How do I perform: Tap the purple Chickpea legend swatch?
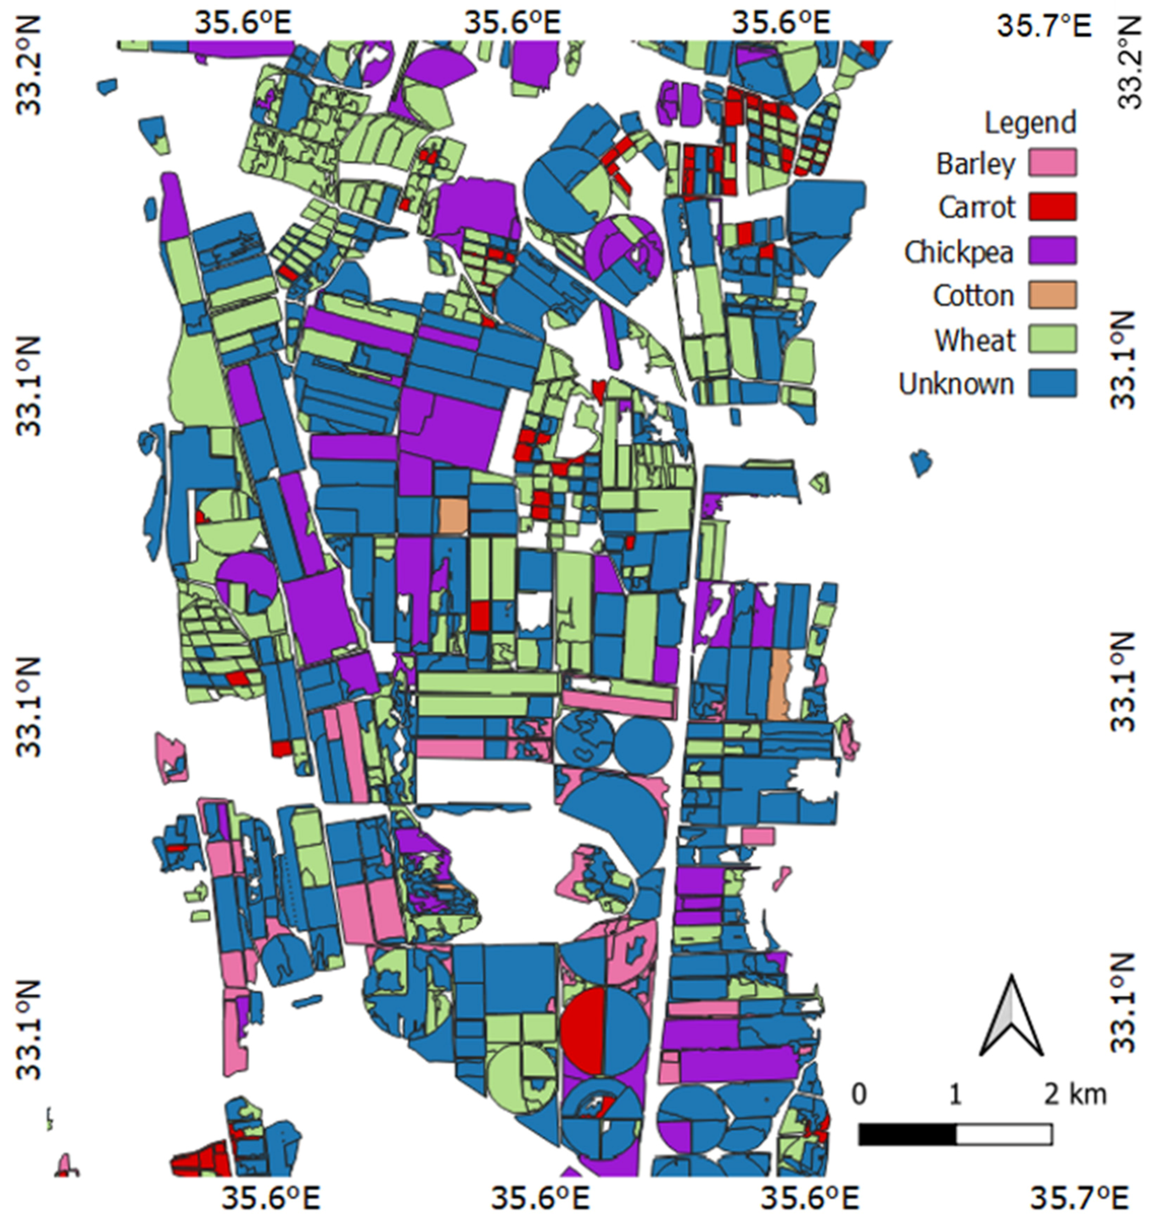1053,251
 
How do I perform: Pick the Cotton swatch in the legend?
1053,295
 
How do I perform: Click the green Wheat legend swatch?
1053,340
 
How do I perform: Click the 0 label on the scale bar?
860,1094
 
